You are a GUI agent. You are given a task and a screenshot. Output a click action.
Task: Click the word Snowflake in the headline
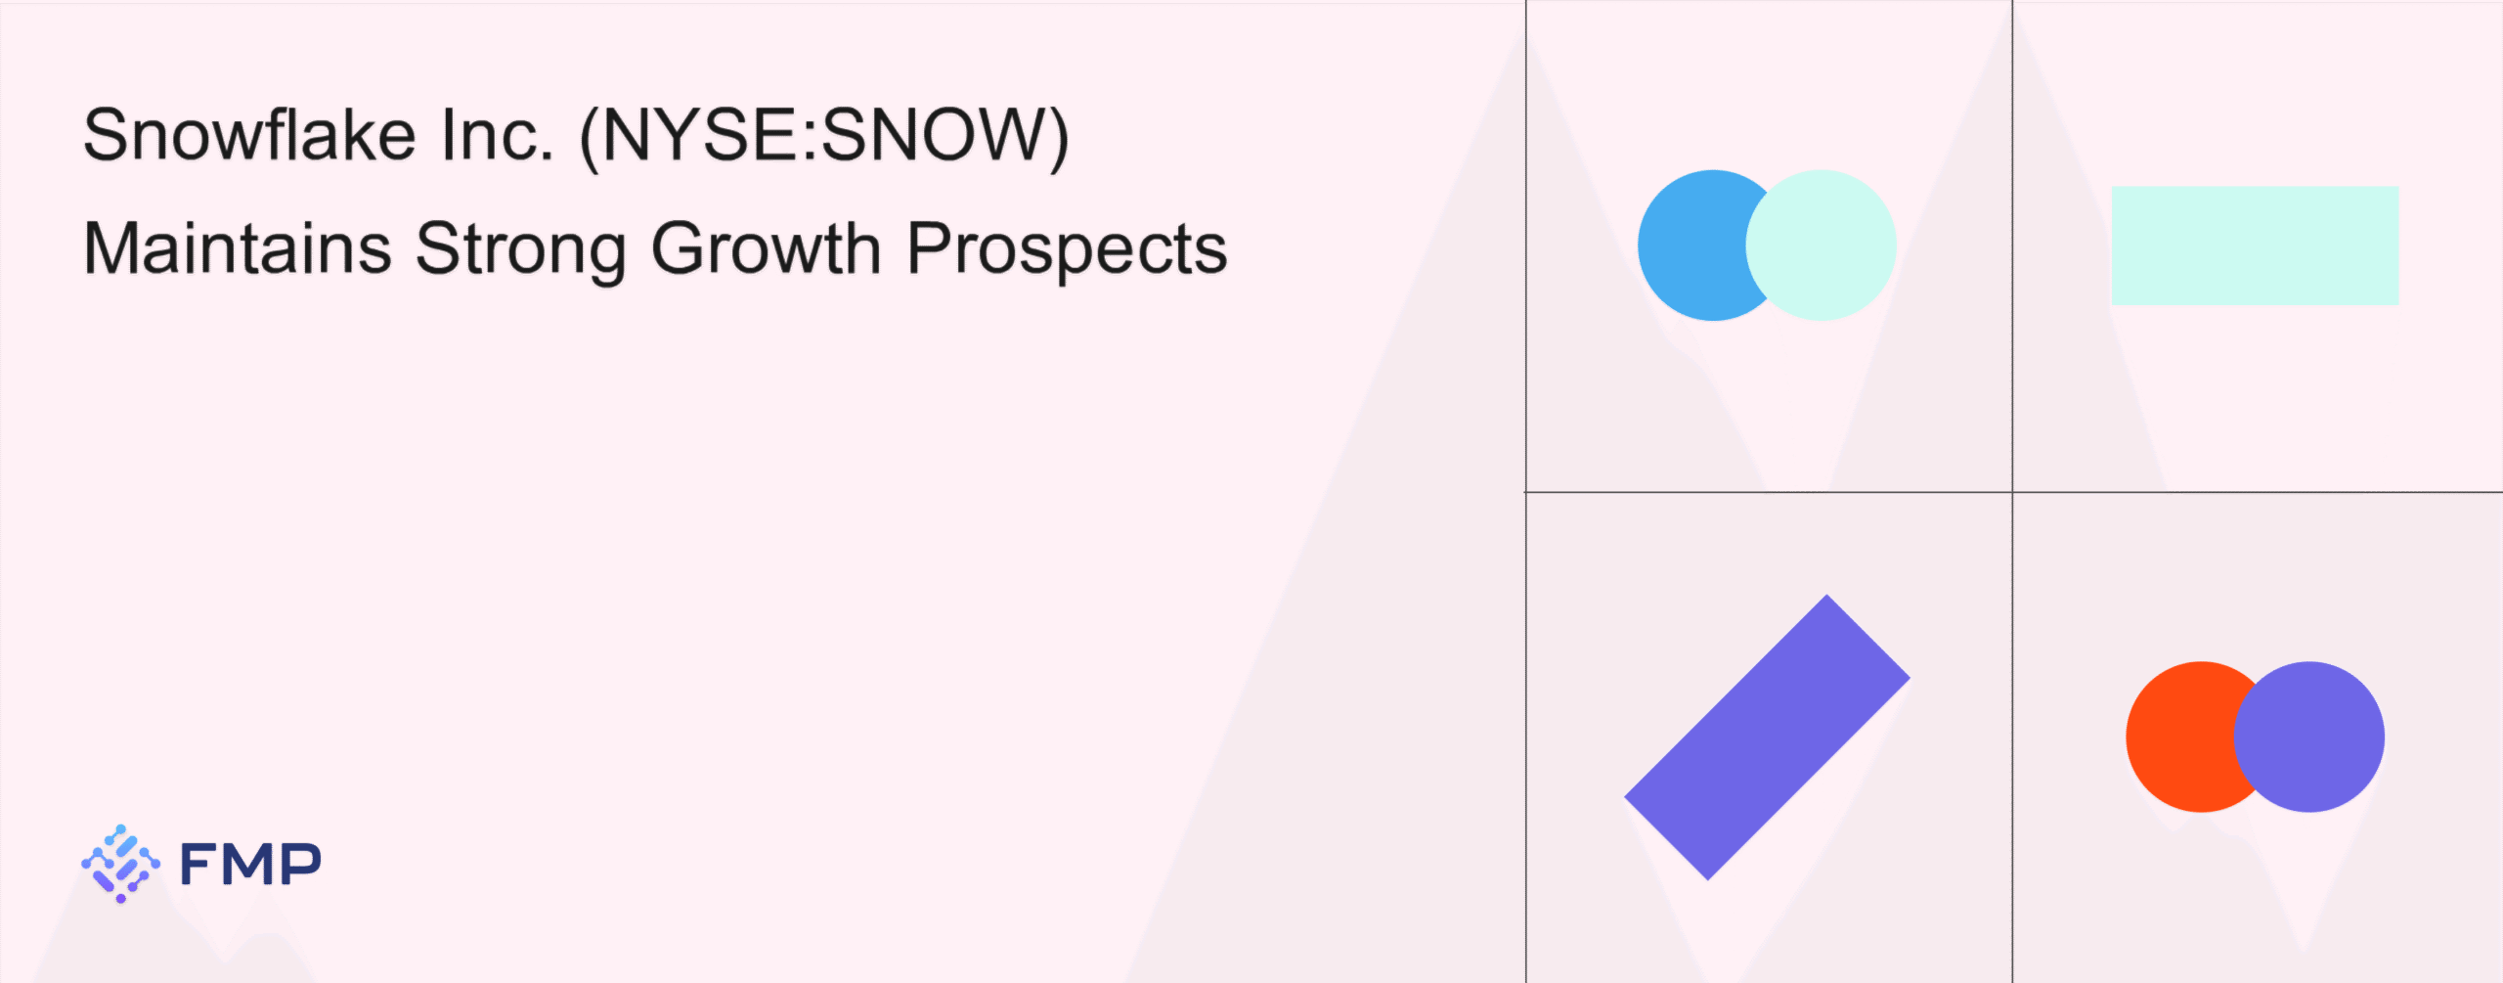249,134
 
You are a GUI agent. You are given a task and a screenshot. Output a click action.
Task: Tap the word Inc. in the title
498,134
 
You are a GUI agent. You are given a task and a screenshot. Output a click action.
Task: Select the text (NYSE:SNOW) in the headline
825,137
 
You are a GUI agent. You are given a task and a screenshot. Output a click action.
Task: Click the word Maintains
238,248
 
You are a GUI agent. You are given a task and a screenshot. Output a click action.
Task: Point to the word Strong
521,251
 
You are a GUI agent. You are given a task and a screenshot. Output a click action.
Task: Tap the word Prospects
1067,251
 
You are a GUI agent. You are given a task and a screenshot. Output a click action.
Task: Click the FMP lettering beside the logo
250,864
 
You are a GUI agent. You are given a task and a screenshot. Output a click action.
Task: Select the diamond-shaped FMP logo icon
120,864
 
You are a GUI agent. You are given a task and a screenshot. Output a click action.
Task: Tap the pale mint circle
1821,246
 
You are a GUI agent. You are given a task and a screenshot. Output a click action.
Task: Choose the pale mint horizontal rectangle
2255,246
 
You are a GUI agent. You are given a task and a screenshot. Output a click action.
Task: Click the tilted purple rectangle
1767,737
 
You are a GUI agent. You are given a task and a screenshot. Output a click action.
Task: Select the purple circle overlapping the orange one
2309,737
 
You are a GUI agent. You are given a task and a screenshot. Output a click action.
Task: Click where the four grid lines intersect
2012,492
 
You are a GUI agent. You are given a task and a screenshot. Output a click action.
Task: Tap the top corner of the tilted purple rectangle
1826,595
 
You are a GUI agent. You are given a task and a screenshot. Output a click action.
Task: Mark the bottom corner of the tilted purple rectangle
1708,880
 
